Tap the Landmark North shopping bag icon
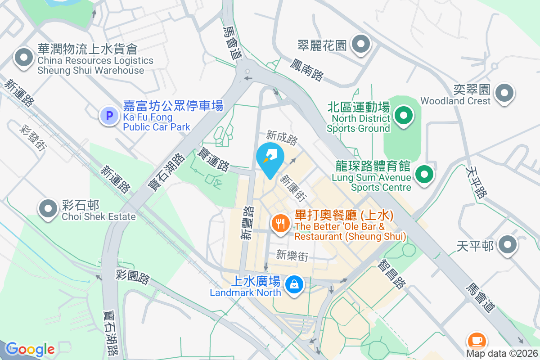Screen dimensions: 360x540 tap(294, 284)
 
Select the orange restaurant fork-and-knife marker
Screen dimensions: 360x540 tap(280, 222)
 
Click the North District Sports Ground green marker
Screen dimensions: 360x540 tap(404, 115)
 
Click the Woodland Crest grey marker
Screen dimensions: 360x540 tap(504, 93)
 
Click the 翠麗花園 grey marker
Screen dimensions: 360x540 tap(361, 45)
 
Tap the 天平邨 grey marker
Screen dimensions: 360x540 tap(508, 244)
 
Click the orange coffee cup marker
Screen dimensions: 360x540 tap(477, 340)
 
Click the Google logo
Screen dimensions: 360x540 tap(30, 349)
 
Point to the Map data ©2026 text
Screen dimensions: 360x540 tap(501, 353)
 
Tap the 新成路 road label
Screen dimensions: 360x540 tap(282, 137)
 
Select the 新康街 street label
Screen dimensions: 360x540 tap(293, 188)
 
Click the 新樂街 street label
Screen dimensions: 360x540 tap(292, 256)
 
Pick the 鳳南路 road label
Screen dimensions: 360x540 tap(307, 69)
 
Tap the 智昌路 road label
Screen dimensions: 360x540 tap(392, 274)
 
